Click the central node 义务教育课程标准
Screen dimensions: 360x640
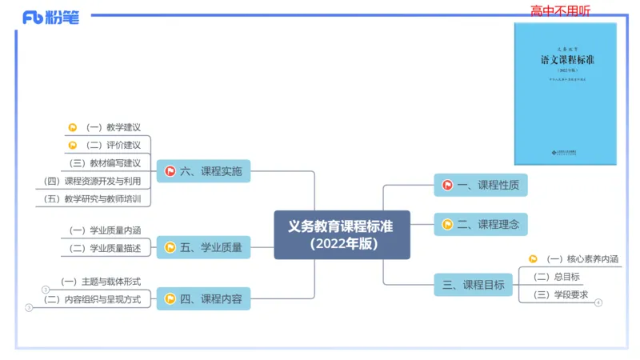tap(342, 234)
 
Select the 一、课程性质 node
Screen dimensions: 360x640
tap(481, 186)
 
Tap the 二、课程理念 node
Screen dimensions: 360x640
tap(481, 225)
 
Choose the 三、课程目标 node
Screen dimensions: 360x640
tap(473, 284)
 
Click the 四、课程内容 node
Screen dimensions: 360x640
tap(203, 299)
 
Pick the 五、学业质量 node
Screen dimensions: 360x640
tap(203, 247)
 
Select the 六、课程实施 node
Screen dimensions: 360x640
tap(203, 170)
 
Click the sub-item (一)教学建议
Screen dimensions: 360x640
tap(113, 126)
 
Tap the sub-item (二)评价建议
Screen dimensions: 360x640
tap(113, 145)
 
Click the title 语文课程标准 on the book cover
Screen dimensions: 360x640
tap(566, 60)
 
